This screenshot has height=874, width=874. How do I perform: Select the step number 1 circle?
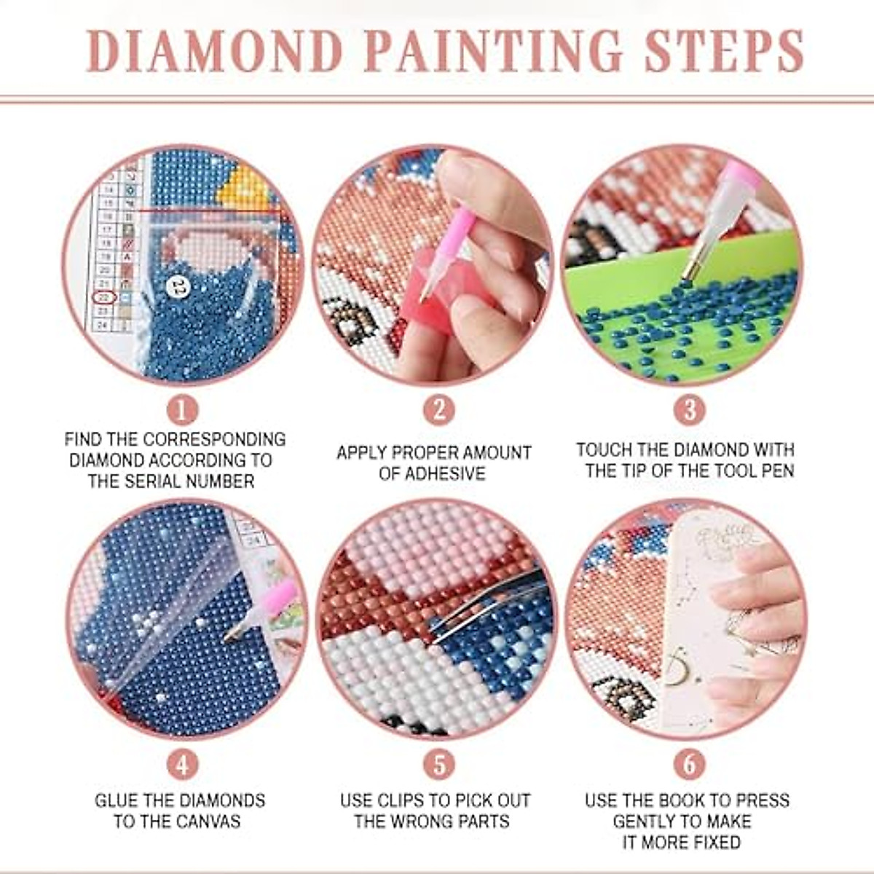[x=182, y=410]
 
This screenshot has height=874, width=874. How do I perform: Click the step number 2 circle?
[x=438, y=410]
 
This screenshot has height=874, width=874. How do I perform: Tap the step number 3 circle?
[x=689, y=410]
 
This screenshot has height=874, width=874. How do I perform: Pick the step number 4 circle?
[x=182, y=765]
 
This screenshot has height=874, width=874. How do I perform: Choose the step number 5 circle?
[x=438, y=765]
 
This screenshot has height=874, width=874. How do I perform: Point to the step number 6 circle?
[x=689, y=765]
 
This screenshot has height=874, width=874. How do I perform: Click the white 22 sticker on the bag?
[x=176, y=286]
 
